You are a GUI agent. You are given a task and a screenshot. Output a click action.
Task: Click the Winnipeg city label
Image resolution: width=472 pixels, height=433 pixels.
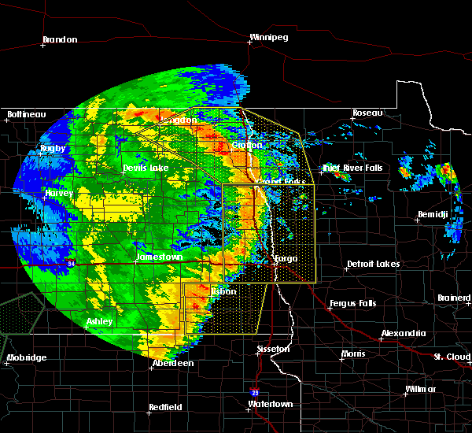[x=269, y=37]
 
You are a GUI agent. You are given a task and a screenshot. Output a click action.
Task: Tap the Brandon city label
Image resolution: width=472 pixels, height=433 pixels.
[x=60, y=39]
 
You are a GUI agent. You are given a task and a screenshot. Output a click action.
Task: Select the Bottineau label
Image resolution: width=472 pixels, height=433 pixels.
[x=26, y=114]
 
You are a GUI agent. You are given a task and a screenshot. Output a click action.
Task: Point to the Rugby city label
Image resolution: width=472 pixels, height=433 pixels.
[x=53, y=148]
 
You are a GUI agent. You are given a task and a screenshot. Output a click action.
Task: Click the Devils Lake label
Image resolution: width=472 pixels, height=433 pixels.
[x=146, y=168]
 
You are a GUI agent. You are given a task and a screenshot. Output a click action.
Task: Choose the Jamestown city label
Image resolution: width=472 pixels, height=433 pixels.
[x=160, y=257]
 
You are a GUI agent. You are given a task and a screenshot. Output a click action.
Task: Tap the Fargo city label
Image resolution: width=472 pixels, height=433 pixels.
[x=285, y=257]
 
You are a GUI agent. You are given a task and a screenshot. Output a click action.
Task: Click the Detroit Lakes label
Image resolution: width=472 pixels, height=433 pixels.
[x=373, y=264]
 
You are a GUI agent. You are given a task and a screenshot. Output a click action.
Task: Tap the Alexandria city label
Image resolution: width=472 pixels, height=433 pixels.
[x=404, y=333]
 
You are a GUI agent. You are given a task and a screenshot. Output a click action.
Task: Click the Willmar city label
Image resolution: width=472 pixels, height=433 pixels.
[x=421, y=390]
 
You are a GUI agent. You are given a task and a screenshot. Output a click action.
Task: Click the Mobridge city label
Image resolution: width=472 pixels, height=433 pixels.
[x=26, y=357]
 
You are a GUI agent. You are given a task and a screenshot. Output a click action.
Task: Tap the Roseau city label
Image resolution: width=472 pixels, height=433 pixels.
[x=366, y=113]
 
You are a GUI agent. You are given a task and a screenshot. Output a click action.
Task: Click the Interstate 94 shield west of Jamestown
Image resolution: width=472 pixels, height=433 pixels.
[x=70, y=261]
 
